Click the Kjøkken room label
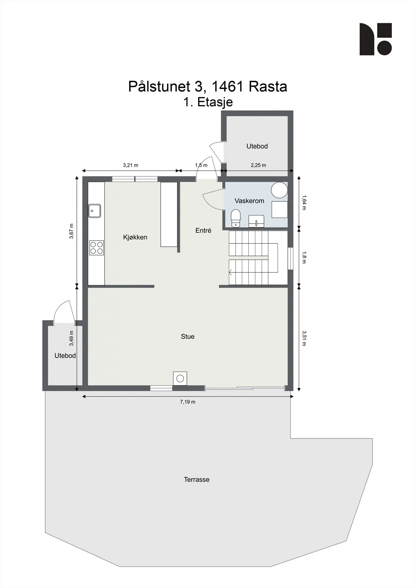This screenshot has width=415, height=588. (135, 237)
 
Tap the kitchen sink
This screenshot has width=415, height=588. (94, 211)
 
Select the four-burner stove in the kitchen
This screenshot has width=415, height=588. (97, 248)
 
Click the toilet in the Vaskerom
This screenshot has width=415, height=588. (236, 218)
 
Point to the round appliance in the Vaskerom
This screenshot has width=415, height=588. (280, 190)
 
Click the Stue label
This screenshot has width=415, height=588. (188, 337)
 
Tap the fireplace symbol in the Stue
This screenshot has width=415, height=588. (180, 379)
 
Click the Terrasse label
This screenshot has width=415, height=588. (197, 480)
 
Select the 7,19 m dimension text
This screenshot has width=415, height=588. (188, 402)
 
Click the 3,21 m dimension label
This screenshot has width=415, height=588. (131, 165)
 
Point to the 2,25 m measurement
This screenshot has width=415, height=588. (258, 165)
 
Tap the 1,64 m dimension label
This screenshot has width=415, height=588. (304, 202)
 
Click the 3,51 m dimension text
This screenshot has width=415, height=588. (304, 338)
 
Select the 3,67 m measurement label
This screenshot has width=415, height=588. (71, 231)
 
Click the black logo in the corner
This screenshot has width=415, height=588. (376, 39)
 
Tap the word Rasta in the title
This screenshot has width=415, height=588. (267, 86)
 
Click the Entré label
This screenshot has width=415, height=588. (203, 230)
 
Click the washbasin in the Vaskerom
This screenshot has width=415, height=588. (256, 221)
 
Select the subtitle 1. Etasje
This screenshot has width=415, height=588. (208, 102)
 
